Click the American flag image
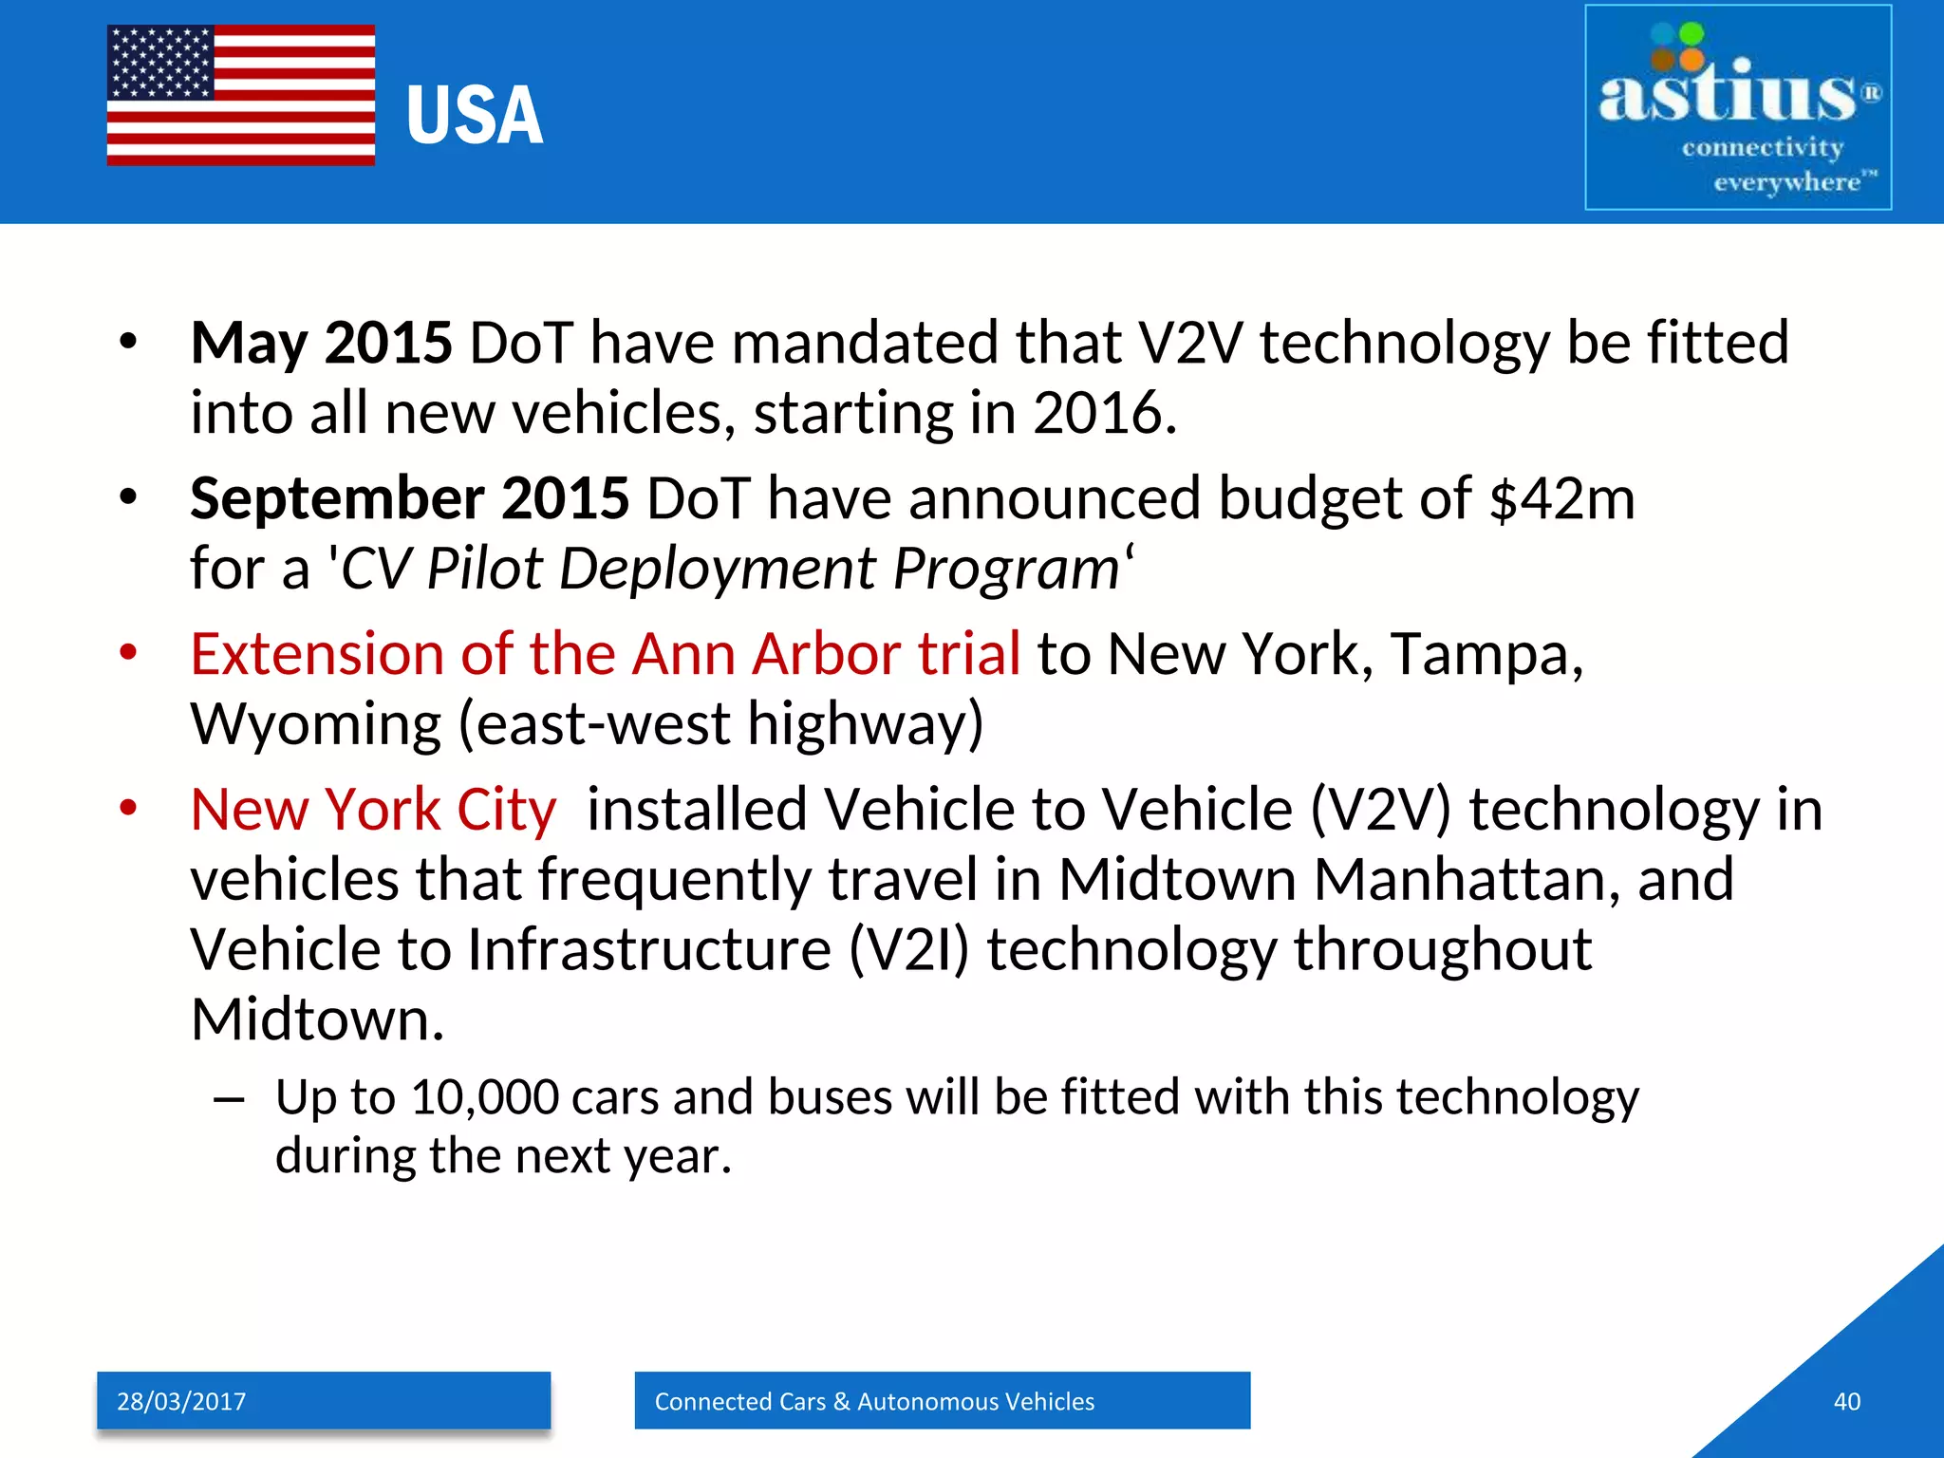tap(240, 95)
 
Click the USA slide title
tap(475, 116)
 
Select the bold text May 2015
tap(321, 343)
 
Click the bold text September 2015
tap(409, 498)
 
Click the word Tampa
tap(1486, 655)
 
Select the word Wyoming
tap(315, 725)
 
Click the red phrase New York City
tap(373, 811)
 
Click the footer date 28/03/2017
tap(181, 1402)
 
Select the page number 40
tap(1846, 1402)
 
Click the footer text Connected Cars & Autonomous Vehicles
tap(874, 1402)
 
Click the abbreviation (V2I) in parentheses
tap(907, 950)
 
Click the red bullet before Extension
tap(128, 653)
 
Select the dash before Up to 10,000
tap(229, 1100)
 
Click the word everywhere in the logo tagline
tap(1786, 182)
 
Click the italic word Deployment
tap(718, 570)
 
